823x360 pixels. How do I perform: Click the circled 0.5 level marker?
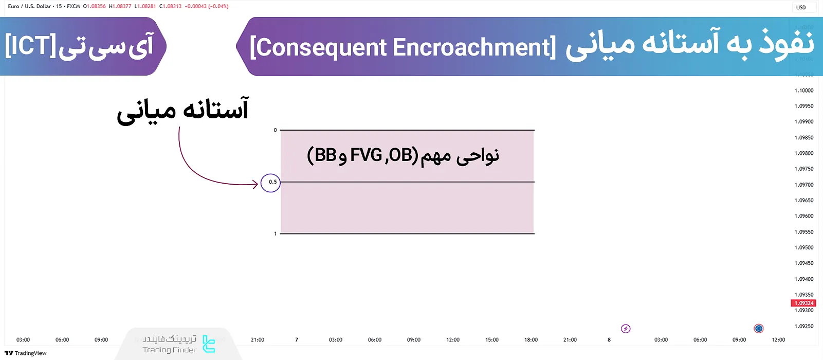[270, 183]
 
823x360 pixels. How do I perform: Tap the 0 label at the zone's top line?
[275, 130]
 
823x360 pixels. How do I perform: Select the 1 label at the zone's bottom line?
[275, 233]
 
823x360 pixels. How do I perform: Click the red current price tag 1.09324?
[803, 303]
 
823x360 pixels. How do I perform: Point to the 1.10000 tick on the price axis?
[804, 91]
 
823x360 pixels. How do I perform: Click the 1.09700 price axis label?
[804, 185]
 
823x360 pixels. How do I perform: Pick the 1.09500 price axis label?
[804, 247]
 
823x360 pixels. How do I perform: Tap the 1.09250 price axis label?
[804, 326]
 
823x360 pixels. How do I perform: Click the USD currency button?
[801, 7]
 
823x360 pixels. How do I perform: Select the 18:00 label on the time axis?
[531, 340]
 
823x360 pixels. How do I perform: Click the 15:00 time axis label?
[492, 340]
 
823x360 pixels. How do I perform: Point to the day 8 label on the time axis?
[609, 340]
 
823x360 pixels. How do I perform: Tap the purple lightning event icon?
[626, 329]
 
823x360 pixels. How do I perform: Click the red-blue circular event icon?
[758, 329]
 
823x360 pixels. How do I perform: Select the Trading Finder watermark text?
[170, 350]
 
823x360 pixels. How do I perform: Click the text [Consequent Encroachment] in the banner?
[403, 47]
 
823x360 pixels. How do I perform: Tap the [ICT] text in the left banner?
[30, 46]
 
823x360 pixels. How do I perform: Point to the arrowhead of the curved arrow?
[256, 184]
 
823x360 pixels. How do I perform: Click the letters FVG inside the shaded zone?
[366, 155]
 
